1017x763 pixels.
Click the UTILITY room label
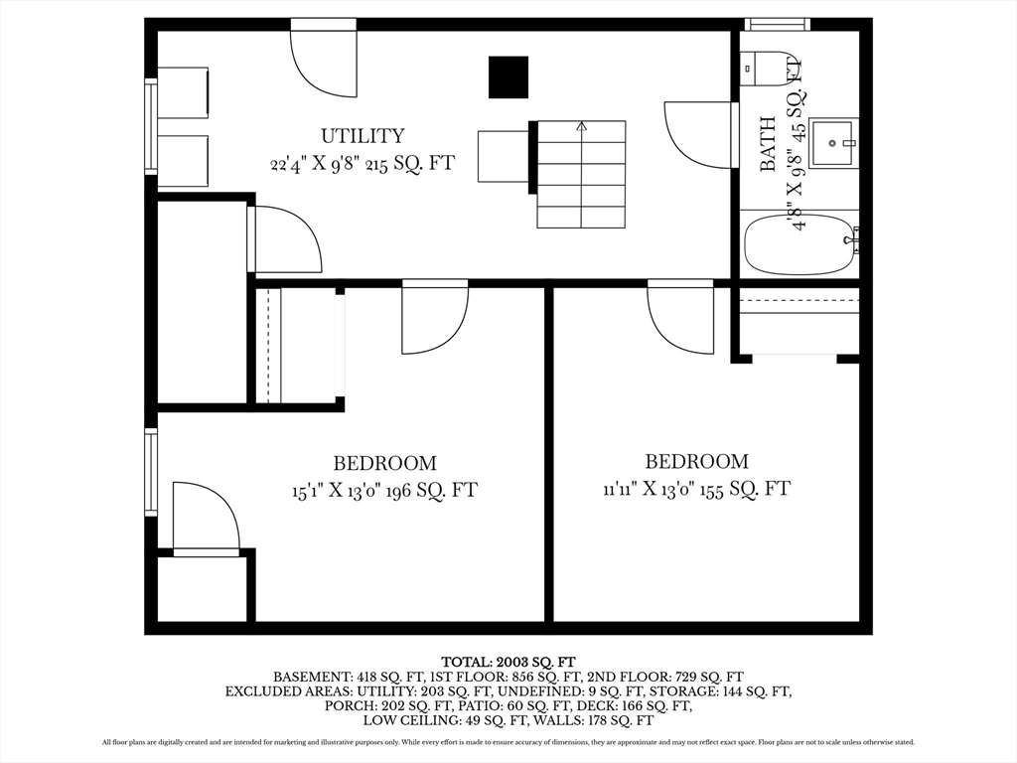[x=363, y=135]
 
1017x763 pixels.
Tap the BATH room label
[x=768, y=144]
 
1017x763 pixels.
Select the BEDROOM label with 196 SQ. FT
[x=384, y=463]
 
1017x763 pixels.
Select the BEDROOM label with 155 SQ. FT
[x=696, y=461]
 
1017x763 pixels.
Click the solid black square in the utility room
[x=508, y=77]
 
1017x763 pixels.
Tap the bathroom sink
[x=833, y=143]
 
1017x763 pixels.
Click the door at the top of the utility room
[x=323, y=59]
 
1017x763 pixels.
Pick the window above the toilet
[x=778, y=25]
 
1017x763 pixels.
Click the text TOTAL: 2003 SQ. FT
[x=508, y=663]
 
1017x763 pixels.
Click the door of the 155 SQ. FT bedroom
[x=680, y=317]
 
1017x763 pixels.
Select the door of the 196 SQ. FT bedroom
[x=435, y=317]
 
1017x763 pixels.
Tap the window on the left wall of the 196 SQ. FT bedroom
[x=151, y=472]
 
